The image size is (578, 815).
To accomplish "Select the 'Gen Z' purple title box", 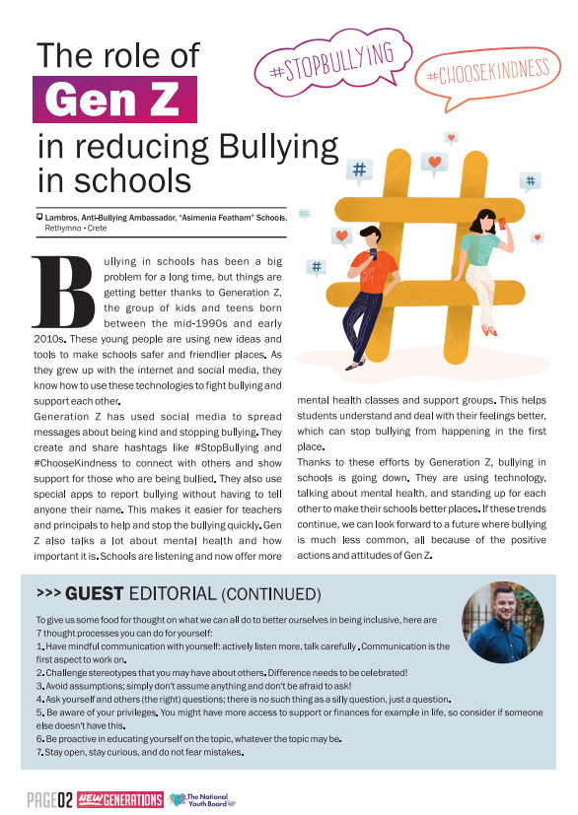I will pos(114,99).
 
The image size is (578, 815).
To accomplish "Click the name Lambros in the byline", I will pos(62,217).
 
